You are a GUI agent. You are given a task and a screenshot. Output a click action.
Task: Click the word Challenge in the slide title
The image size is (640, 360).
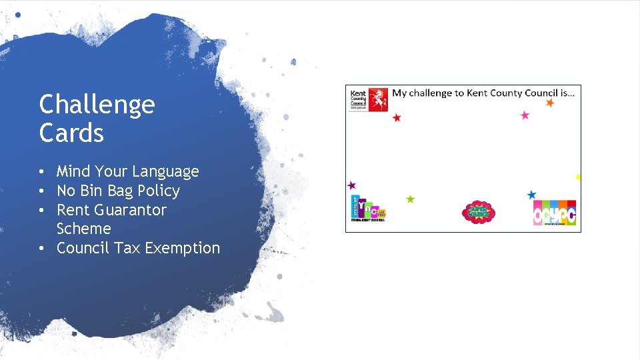click(x=97, y=105)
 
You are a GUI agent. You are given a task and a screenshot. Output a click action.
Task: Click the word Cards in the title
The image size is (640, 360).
click(x=71, y=133)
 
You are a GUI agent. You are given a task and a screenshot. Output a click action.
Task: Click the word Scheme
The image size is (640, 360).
click(x=83, y=229)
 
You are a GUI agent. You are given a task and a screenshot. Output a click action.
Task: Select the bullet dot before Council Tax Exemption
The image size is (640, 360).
click(x=42, y=249)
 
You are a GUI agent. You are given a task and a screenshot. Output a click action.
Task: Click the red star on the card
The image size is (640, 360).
click(x=397, y=118)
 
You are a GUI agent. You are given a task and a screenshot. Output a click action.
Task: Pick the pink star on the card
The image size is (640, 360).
click(x=525, y=115)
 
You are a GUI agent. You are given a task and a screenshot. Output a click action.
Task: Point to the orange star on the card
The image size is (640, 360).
click(x=550, y=103)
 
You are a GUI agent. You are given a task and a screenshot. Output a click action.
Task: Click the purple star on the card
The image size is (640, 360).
click(x=351, y=185)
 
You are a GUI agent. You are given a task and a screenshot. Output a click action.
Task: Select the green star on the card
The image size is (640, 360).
click(x=410, y=199)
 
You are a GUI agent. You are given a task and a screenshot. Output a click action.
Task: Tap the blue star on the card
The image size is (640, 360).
click(x=531, y=195)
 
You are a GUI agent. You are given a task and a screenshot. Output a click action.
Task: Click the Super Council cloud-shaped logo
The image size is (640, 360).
click(x=478, y=213)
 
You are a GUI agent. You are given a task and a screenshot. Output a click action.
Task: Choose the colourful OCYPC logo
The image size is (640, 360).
click(x=554, y=213)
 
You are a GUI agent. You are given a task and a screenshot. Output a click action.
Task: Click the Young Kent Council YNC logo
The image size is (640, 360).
click(x=368, y=209)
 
